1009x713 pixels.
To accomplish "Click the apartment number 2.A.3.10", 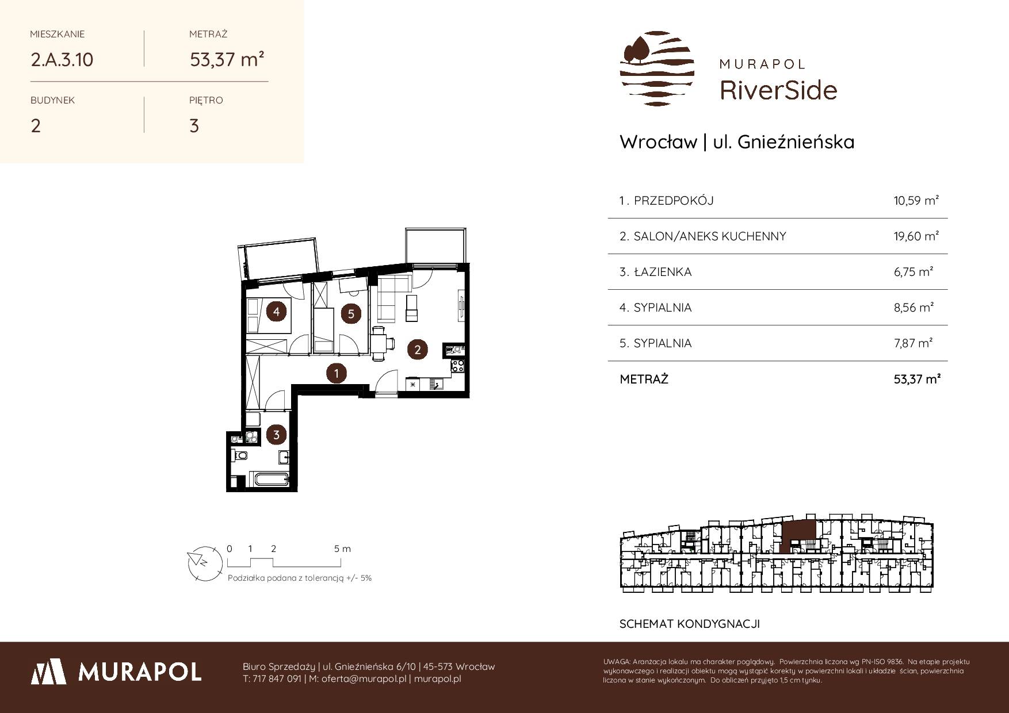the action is [x=62, y=59].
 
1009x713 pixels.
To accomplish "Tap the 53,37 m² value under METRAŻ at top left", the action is [x=227, y=59].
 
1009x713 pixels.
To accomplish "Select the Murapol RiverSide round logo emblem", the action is [x=657, y=68].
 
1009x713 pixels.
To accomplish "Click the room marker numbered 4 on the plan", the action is [x=277, y=312].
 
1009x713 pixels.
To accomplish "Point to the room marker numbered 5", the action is [x=350, y=313].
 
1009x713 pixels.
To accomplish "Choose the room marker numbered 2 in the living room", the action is [x=418, y=349].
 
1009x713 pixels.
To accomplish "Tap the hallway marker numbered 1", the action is [x=336, y=374].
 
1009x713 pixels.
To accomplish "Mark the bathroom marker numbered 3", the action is [x=277, y=435].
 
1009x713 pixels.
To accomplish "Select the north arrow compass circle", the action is [x=204, y=562].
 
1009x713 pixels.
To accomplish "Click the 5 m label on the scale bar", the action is [x=342, y=549].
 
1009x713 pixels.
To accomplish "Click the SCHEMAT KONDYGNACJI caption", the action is [x=690, y=624].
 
